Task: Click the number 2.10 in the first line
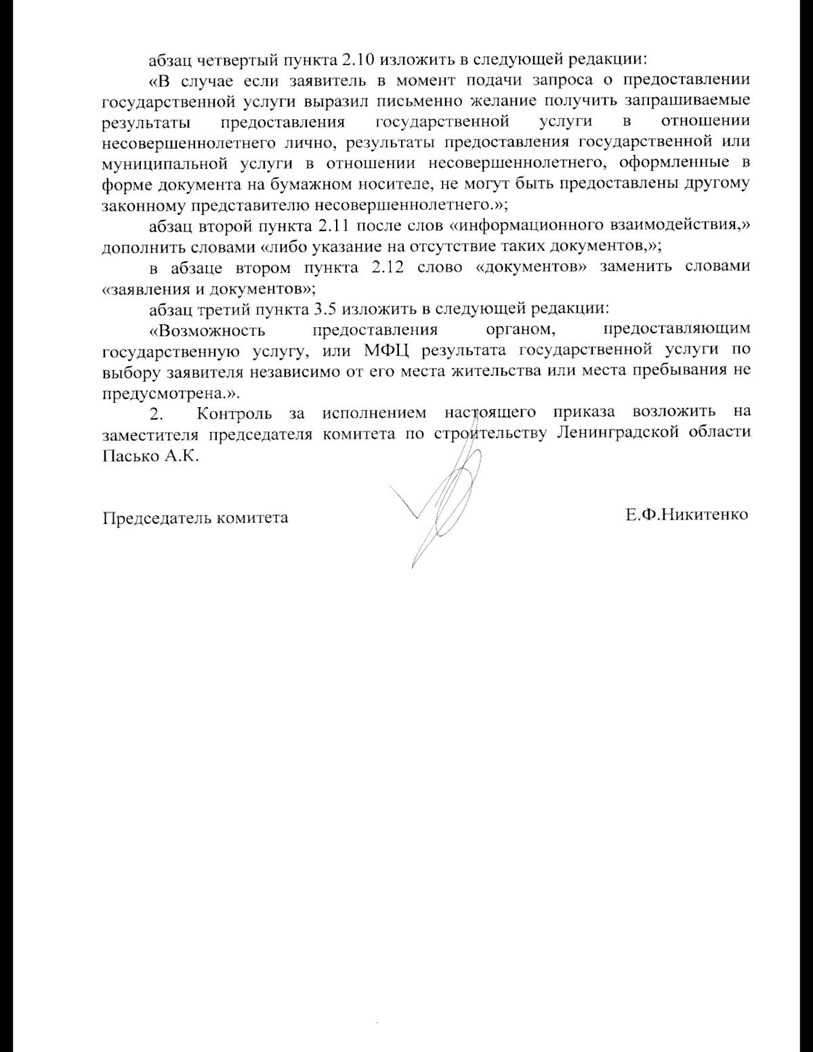(x=352, y=60)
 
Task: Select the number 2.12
(x=389, y=267)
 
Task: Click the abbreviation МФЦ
(x=388, y=351)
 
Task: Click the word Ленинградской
(x=618, y=434)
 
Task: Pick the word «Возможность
(x=207, y=330)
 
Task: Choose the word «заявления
(x=145, y=289)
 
